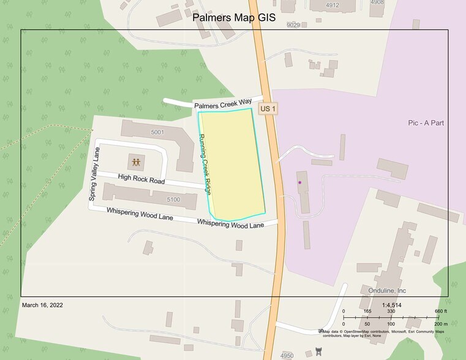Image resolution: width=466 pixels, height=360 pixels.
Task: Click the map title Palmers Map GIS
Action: tap(234, 18)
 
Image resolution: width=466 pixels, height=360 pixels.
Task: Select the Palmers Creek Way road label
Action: tap(223, 105)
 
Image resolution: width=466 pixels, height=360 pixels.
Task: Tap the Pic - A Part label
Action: tap(426, 123)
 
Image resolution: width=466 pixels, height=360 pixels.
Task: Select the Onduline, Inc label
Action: tap(388, 290)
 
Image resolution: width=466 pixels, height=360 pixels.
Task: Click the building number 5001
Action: tap(157, 132)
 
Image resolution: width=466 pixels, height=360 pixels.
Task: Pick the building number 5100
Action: tap(173, 199)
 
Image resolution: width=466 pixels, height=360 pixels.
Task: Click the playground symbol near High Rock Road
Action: tap(135, 162)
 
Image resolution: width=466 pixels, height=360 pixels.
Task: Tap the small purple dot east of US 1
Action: tap(299, 182)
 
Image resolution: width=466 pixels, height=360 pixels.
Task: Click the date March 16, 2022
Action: tap(42, 305)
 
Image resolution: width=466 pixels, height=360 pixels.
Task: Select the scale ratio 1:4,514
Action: tap(391, 305)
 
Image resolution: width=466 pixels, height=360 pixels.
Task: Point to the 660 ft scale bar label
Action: tap(440, 312)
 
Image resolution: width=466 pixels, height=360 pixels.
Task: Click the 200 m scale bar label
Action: tap(440, 324)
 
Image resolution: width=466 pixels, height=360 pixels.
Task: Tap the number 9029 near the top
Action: tap(293, 24)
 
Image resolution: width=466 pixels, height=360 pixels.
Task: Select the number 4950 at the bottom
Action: tap(287, 355)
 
